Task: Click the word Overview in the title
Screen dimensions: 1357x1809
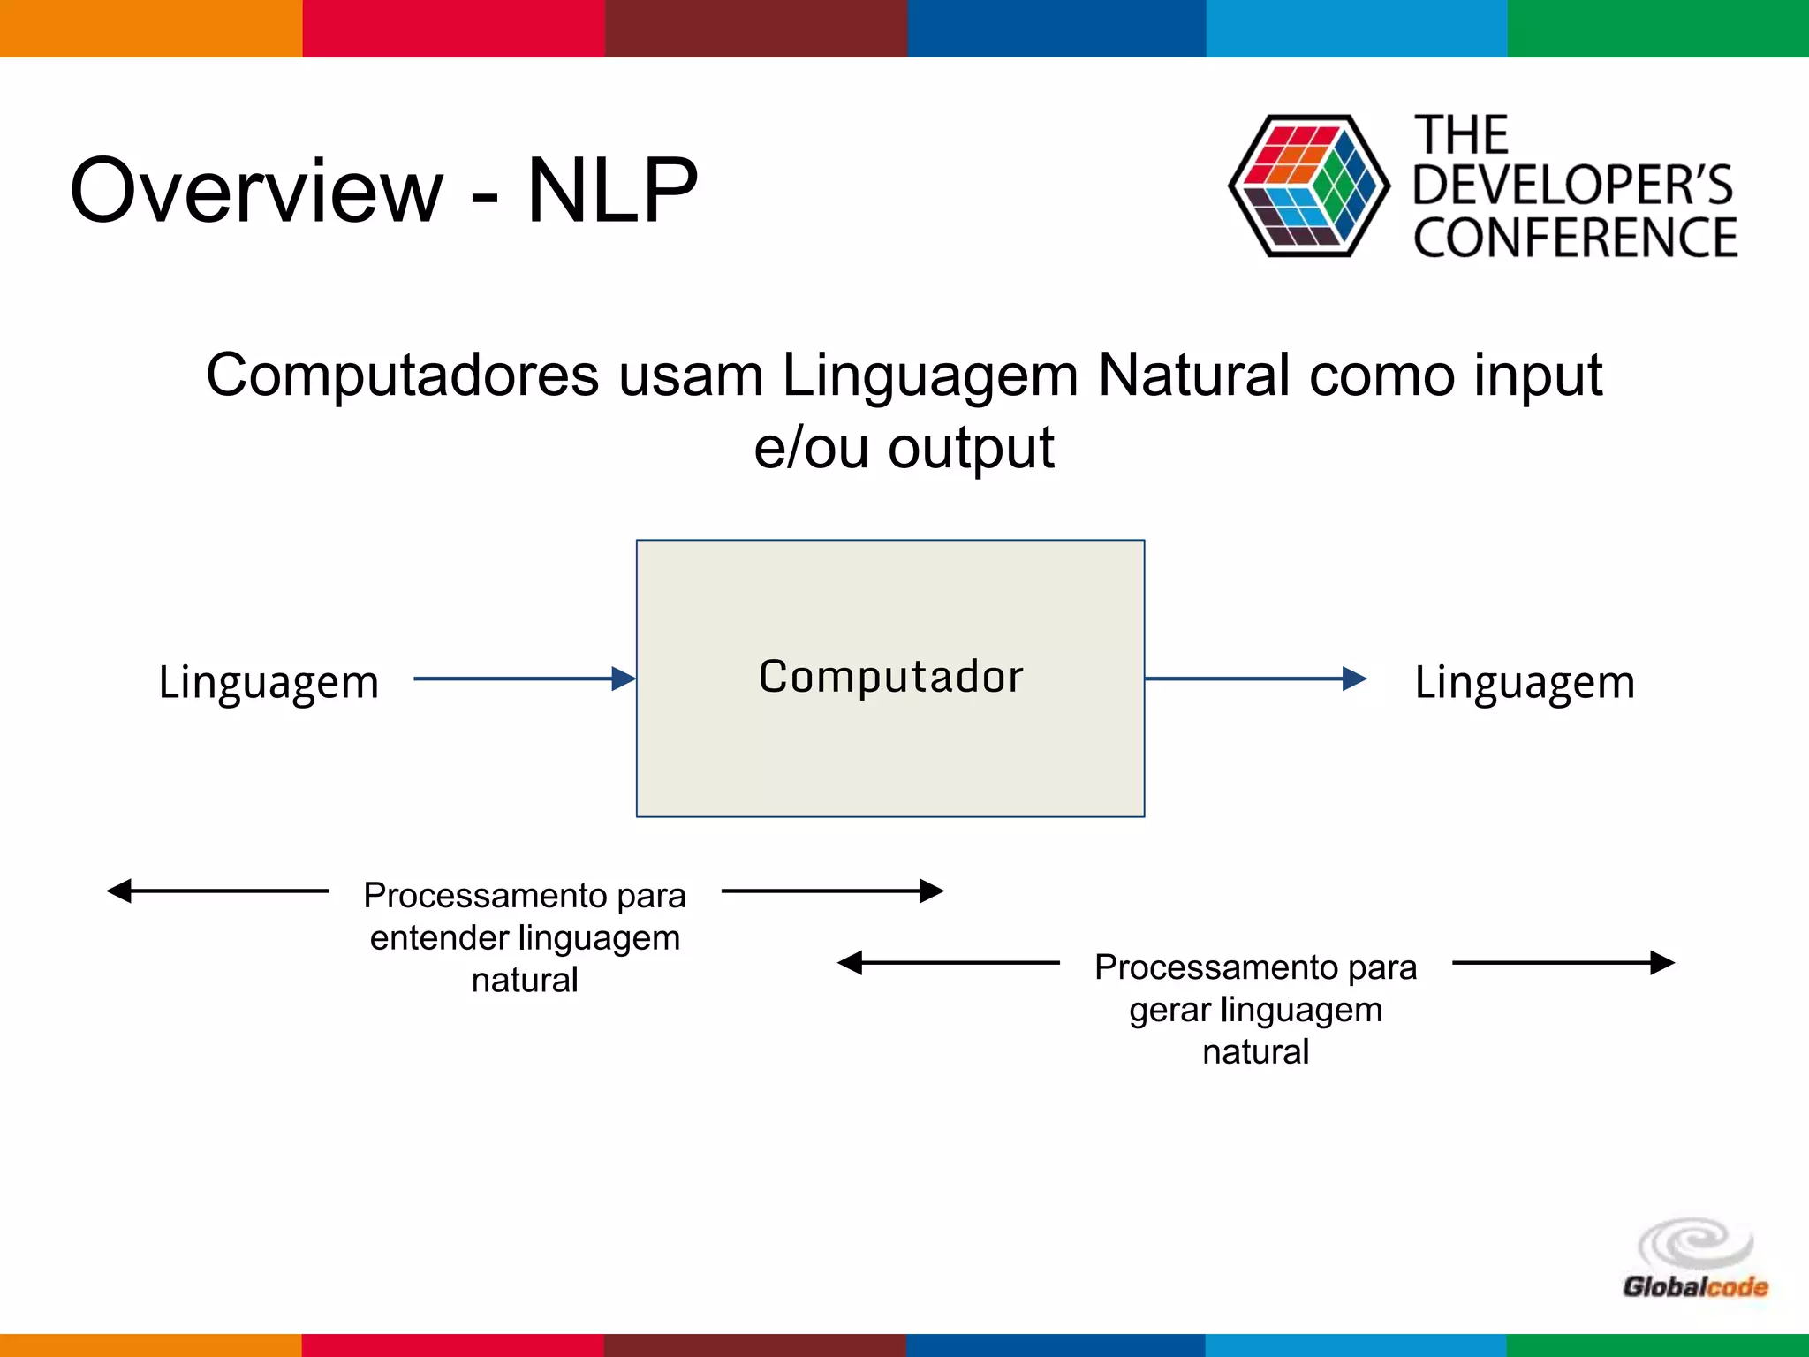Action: (x=256, y=190)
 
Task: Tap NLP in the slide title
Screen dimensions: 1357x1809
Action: (x=612, y=190)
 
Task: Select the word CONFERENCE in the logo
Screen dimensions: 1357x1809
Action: (x=1575, y=238)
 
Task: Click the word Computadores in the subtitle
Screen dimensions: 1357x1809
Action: (x=402, y=375)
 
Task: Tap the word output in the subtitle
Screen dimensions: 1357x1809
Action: (x=971, y=448)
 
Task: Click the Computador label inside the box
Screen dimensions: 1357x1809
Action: (x=890, y=677)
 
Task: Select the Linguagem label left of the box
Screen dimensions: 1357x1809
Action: (x=269, y=682)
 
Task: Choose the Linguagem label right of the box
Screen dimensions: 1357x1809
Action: (x=1525, y=682)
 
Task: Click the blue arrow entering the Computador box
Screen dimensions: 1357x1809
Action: (x=525, y=678)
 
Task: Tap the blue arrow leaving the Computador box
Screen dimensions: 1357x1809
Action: (x=1255, y=678)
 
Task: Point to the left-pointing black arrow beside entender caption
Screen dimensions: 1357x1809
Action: (x=217, y=891)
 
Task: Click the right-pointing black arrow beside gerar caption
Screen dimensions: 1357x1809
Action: (x=1563, y=962)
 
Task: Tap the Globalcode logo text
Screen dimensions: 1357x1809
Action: (x=1695, y=1286)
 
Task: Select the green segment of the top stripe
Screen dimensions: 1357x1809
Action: (x=1658, y=28)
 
